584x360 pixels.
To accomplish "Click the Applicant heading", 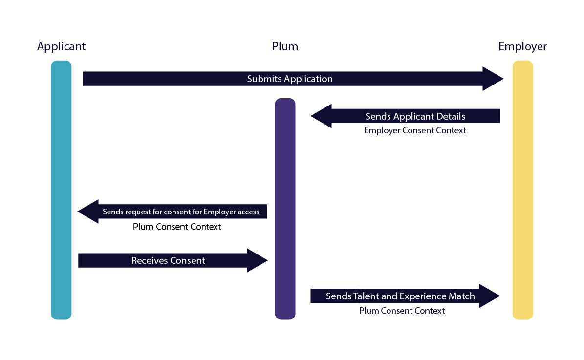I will coord(61,46).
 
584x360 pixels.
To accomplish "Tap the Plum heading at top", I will coord(285,46).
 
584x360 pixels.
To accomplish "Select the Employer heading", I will coord(522,46).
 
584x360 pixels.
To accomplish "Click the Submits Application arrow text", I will coord(290,79).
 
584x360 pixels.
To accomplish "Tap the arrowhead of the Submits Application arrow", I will coord(494,79).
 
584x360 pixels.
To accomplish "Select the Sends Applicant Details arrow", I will coord(415,116).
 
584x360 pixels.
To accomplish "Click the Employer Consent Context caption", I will coord(415,130).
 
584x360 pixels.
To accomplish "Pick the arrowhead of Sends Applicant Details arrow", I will coord(321,116).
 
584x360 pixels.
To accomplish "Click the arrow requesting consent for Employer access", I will coord(181,212).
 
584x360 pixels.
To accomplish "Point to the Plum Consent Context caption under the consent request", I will coord(177,227).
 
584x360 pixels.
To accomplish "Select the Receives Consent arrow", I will coord(168,260).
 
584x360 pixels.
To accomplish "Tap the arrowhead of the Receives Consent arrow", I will coord(258,260).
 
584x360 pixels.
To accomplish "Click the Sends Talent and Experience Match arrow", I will coord(400,296).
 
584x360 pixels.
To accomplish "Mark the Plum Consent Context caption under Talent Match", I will coord(402,311).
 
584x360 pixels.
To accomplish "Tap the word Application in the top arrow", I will coord(308,79).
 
